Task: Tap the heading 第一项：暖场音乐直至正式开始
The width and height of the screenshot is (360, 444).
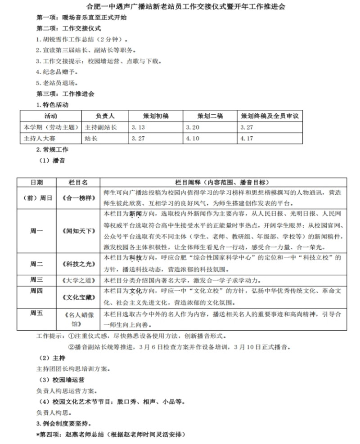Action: point(81,18)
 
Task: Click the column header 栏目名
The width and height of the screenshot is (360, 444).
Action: point(78,182)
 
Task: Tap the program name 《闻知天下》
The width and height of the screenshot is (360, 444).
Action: point(78,231)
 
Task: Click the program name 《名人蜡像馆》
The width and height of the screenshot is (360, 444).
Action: point(78,318)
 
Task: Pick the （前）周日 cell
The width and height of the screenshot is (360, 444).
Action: point(37,197)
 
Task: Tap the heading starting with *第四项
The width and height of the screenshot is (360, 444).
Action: point(110,435)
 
